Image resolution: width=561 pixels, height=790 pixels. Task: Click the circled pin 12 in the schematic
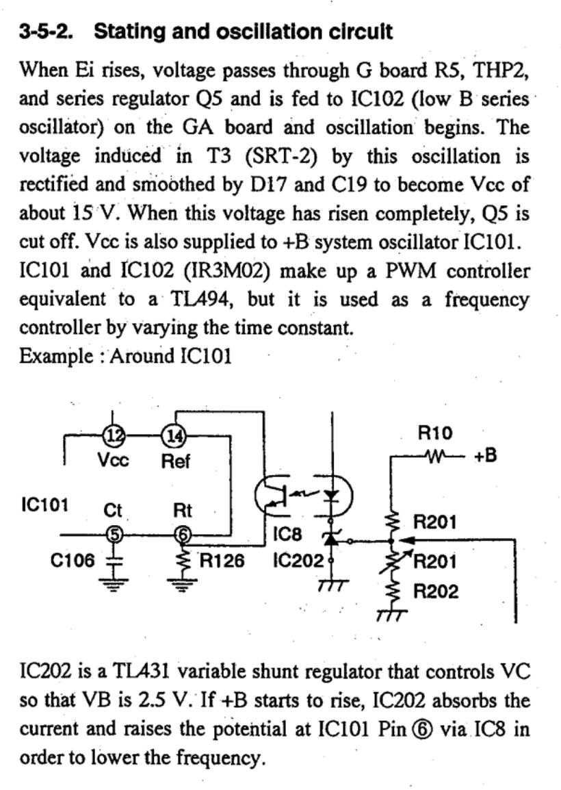tap(113, 434)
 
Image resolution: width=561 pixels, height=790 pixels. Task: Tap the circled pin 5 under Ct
tap(113, 534)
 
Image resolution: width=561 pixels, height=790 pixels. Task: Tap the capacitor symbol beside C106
tap(113, 560)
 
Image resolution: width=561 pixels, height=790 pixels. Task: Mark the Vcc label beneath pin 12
tap(113, 461)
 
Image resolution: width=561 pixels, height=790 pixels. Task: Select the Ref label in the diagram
tap(175, 461)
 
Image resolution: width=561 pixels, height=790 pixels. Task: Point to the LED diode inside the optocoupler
tap(332, 494)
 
